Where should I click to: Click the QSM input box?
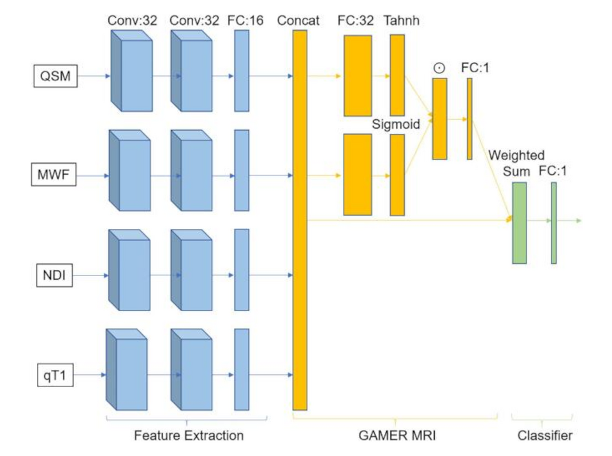[55, 77]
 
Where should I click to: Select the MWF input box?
[55, 173]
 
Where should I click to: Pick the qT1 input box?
[55, 374]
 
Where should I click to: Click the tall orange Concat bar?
[300, 220]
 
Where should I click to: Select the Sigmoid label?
[396, 125]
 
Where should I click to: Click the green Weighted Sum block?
[520, 223]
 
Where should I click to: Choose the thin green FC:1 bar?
[554, 223]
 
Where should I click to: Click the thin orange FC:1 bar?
[469, 119]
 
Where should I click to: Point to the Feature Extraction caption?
[189, 436]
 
